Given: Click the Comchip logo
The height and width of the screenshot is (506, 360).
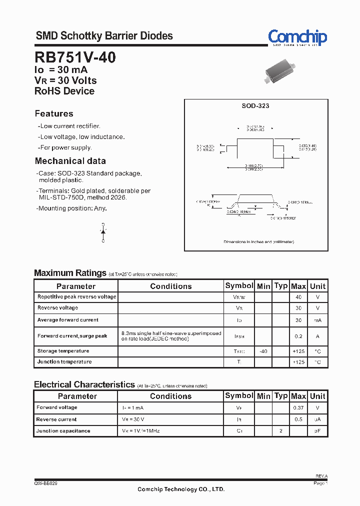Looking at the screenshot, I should tap(297, 37).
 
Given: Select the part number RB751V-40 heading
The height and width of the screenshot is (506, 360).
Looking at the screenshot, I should tap(75, 57).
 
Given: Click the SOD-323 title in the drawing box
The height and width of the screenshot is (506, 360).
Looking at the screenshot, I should tap(255, 106).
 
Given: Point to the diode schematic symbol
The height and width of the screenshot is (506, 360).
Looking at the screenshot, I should tap(103, 232).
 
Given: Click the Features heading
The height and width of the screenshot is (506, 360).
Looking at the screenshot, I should tap(54, 113).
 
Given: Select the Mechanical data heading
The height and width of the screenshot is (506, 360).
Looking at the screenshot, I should tap(70, 161).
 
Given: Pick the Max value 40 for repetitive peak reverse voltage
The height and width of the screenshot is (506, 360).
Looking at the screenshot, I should tap(298, 297).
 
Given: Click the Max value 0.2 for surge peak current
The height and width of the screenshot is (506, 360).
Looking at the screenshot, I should tap(298, 336).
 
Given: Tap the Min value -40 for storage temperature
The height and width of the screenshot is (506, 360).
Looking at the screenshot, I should tap(263, 351).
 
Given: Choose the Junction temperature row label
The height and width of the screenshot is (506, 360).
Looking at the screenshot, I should tap(64, 362).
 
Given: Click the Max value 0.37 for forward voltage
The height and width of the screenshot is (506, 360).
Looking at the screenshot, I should tap(298, 408).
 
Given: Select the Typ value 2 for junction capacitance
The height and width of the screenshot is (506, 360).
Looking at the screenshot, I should tap(281, 430).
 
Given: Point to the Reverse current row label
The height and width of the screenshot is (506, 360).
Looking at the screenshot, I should tap(56, 419).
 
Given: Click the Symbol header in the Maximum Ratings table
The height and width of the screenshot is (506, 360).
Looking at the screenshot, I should tap(239, 285).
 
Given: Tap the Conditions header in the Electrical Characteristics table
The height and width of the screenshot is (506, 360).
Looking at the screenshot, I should tap(170, 396).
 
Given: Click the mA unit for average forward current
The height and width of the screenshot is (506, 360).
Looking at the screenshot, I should tap(317, 320).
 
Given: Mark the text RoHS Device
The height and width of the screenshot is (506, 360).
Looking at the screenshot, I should tap(64, 91).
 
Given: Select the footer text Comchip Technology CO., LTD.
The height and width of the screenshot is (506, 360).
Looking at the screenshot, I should tap(181, 489).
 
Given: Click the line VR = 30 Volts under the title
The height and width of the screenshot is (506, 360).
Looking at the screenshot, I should tap(65, 80).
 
